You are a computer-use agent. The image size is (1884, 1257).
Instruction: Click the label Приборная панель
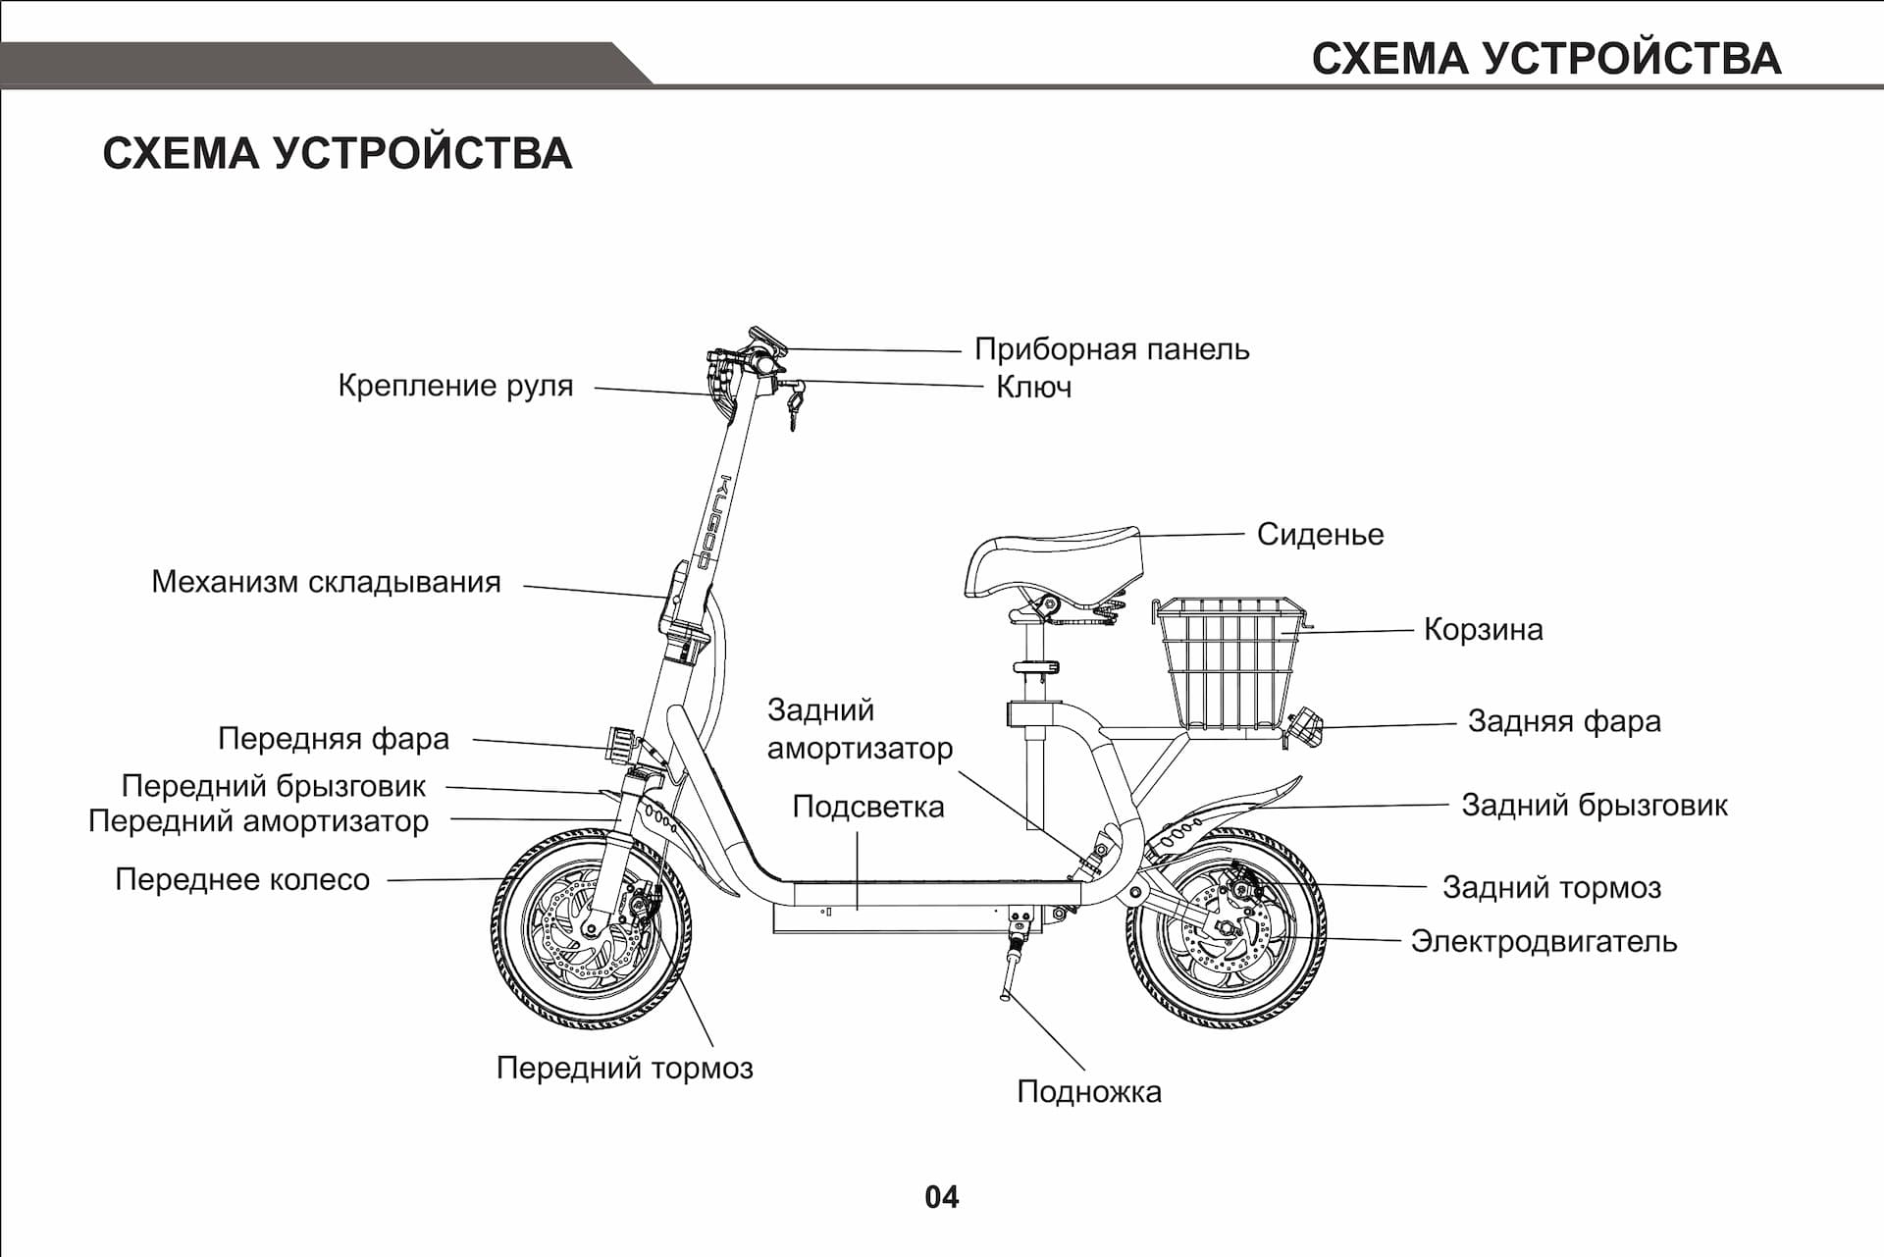[1111, 349]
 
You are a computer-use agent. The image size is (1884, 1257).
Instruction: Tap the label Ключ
[1032, 388]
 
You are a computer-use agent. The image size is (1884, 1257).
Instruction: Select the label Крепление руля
[455, 386]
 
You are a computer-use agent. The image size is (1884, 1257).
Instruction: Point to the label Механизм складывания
[326, 582]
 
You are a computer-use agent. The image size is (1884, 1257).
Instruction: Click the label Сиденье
[1319, 535]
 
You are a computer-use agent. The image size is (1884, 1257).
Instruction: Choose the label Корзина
[1482, 629]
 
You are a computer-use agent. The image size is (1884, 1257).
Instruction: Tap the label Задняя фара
[1563, 721]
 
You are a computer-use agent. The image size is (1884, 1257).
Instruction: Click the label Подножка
[1088, 1092]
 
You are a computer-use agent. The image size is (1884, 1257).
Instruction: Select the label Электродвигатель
[1543, 942]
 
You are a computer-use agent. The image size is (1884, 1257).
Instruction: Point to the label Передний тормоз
[624, 1068]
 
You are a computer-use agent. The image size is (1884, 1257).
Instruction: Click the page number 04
[941, 1197]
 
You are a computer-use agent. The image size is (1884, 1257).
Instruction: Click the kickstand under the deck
[1012, 967]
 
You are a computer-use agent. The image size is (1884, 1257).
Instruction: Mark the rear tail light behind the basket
[1306, 727]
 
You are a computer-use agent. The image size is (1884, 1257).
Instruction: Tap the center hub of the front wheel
[592, 927]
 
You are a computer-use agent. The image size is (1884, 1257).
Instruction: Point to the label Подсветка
[867, 808]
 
